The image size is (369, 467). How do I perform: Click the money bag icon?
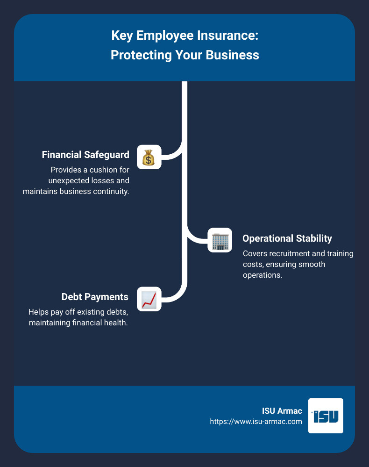(149, 157)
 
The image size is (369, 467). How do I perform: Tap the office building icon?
(220, 240)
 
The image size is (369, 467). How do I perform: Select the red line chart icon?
(149, 299)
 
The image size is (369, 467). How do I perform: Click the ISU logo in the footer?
(326, 416)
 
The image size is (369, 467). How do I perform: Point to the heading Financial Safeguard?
(85, 154)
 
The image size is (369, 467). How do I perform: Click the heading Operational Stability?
(287, 238)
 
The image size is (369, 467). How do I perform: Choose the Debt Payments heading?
(95, 297)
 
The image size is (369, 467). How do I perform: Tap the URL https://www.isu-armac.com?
(256, 421)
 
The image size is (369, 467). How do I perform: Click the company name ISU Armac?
(282, 411)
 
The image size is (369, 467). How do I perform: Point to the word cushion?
(98, 170)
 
